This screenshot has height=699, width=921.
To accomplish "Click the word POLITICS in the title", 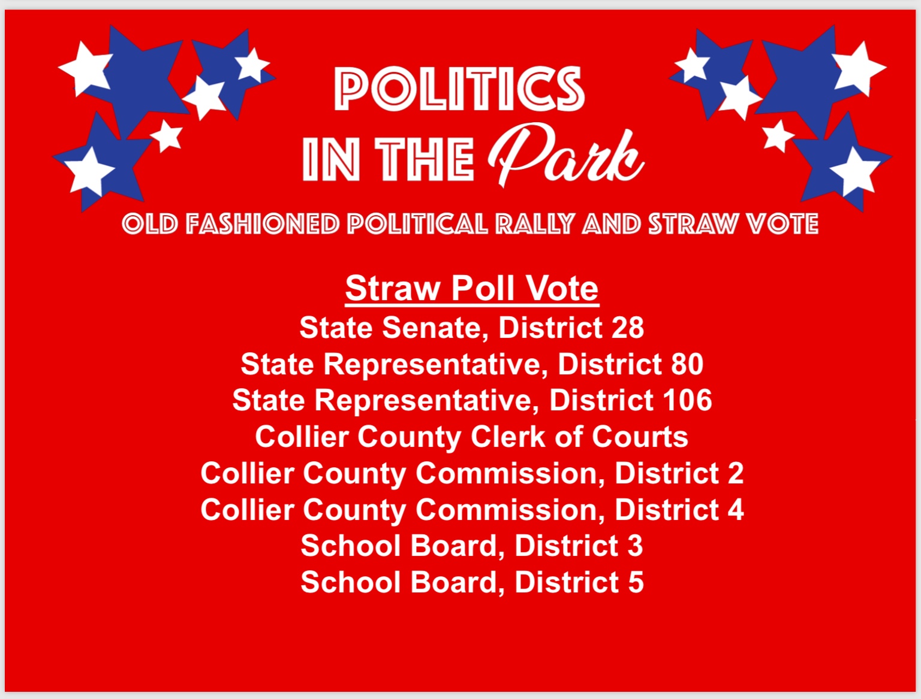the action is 459,89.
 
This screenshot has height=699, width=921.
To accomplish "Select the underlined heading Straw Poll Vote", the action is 472,289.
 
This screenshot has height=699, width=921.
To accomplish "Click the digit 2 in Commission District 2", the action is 736,473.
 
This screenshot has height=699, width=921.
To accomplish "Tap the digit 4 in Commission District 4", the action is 736,510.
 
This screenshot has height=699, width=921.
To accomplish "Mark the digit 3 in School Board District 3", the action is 635,546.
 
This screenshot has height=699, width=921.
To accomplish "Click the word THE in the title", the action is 425,159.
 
